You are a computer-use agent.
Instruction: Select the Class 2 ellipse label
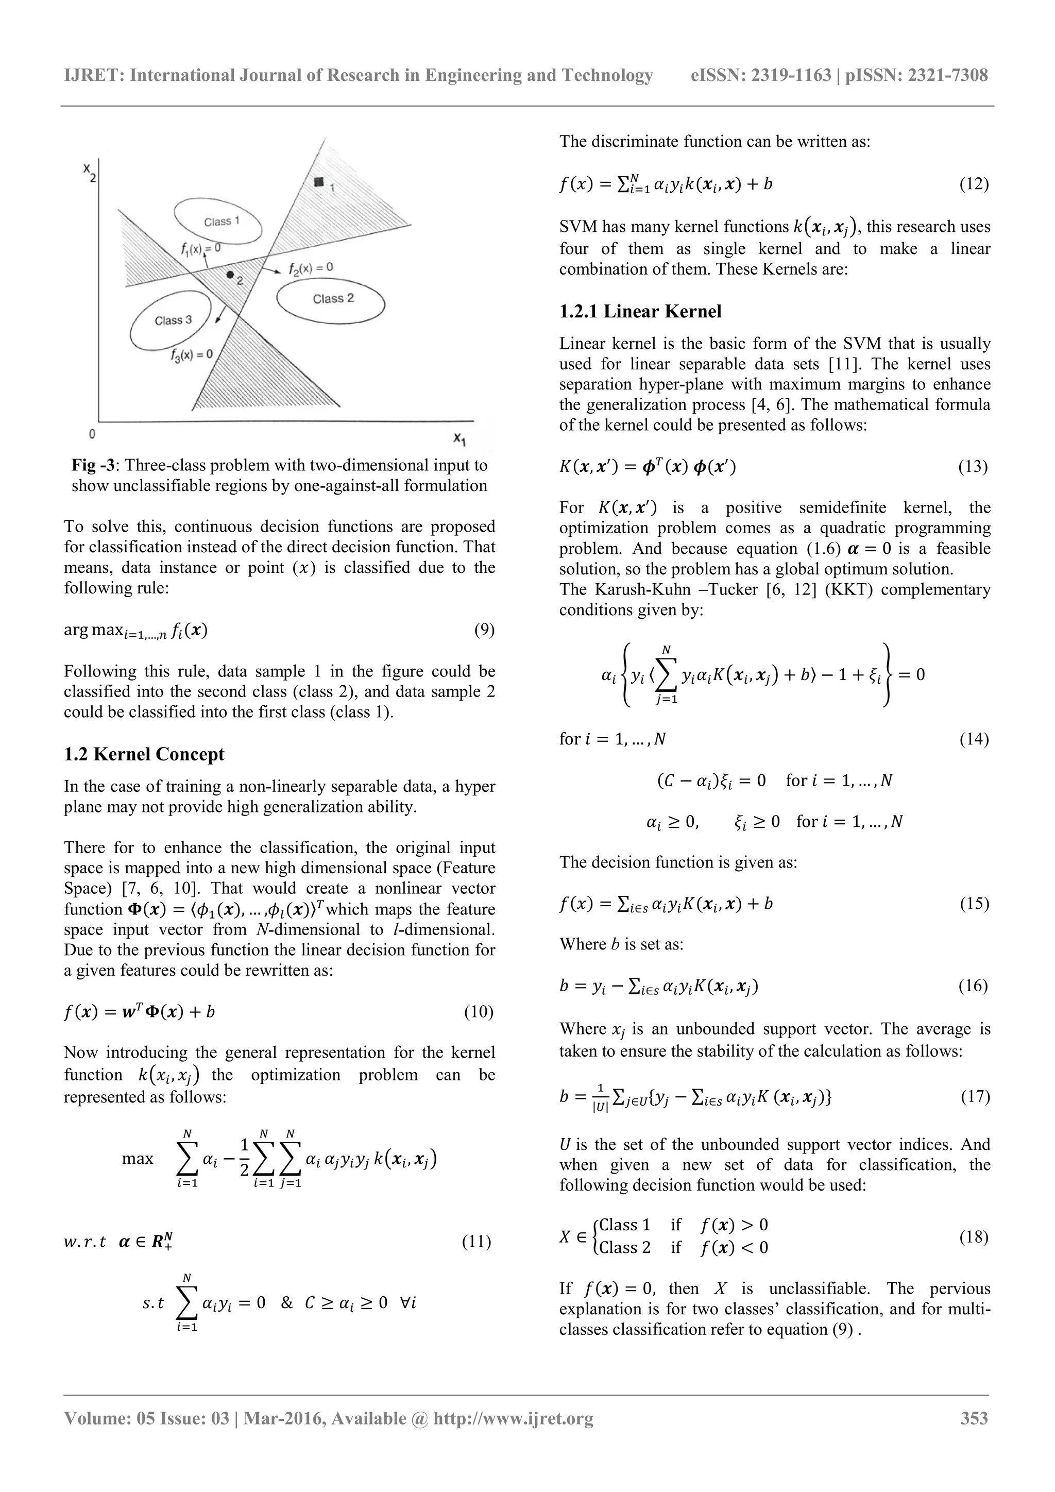pos(333,299)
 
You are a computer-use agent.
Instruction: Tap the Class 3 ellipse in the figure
pos(172,320)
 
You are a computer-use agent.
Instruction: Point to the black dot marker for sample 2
pos(230,275)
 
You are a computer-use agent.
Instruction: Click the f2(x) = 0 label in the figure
pos(311,267)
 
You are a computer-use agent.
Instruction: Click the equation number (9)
pos(484,630)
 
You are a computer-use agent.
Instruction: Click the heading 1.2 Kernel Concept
pos(144,754)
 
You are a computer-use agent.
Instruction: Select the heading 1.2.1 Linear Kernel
pos(640,311)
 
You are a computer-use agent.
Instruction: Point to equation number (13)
pos(973,467)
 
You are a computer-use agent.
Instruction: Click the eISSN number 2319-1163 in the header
pos(791,75)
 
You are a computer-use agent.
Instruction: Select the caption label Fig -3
pos(94,465)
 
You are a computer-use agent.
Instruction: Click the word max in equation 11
pos(138,1159)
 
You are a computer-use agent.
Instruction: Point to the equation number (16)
pos(973,986)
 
